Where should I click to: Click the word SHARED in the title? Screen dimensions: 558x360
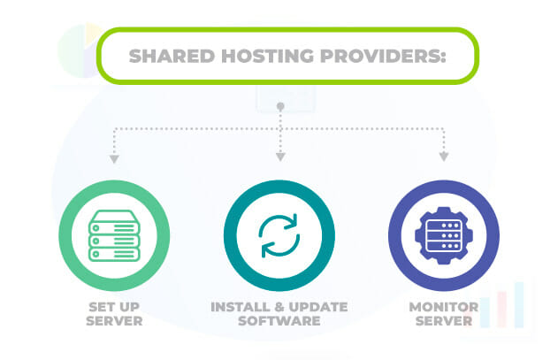[x=172, y=57]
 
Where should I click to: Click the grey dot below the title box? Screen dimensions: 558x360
[x=280, y=106]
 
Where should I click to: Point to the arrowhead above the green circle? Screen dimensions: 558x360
[x=114, y=159]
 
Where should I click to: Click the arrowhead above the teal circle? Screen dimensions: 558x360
[x=280, y=157]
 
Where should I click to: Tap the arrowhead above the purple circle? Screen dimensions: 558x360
[x=443, y=157]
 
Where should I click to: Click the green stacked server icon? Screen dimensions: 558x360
[x=114, y=236]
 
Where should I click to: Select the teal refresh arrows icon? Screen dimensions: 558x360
[x=279, y=236]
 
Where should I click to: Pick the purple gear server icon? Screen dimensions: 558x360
[x=444, y=236]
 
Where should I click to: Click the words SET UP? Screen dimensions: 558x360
[x=114, y=307]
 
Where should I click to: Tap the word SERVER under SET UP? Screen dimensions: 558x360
[x=114, y=321]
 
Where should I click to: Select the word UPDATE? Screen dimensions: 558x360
[x=318, y=307]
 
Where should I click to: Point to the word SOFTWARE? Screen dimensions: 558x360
[x=279, y=321]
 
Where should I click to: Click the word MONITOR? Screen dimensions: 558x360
[x=444, y=307]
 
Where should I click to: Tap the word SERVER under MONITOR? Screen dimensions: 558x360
[x=444, y=321]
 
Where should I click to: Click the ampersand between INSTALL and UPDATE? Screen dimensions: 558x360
[x=279, y=307]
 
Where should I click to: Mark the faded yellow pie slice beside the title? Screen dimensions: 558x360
[x=93, y=33]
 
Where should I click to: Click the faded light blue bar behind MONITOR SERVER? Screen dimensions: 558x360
[x=519, y=305]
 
